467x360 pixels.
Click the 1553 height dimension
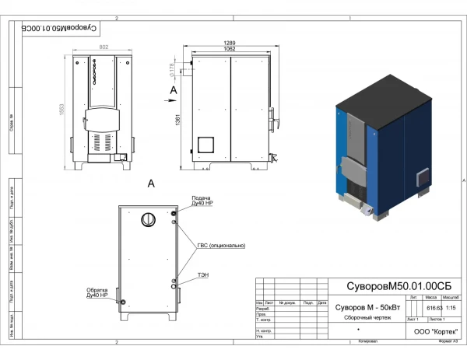pyautogui.click(x=61, y=111)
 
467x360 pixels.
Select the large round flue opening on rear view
pyautogui.click(x=147, y=220)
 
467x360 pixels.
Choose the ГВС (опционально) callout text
pyautogui.click(x=220, y=245)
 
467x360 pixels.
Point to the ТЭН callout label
pyautogui.click(x=203, y=274)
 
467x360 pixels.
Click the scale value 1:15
pyautogui.click(x=451, y=308)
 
